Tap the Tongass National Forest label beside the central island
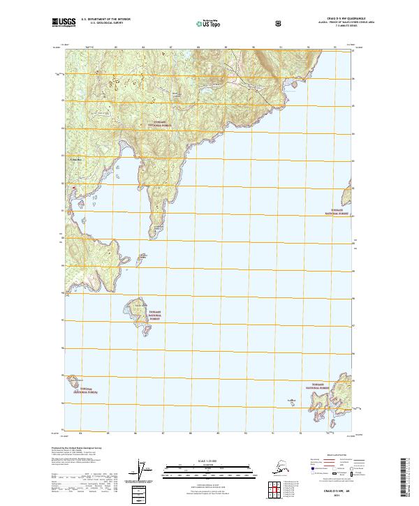154,316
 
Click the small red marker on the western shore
70,187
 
